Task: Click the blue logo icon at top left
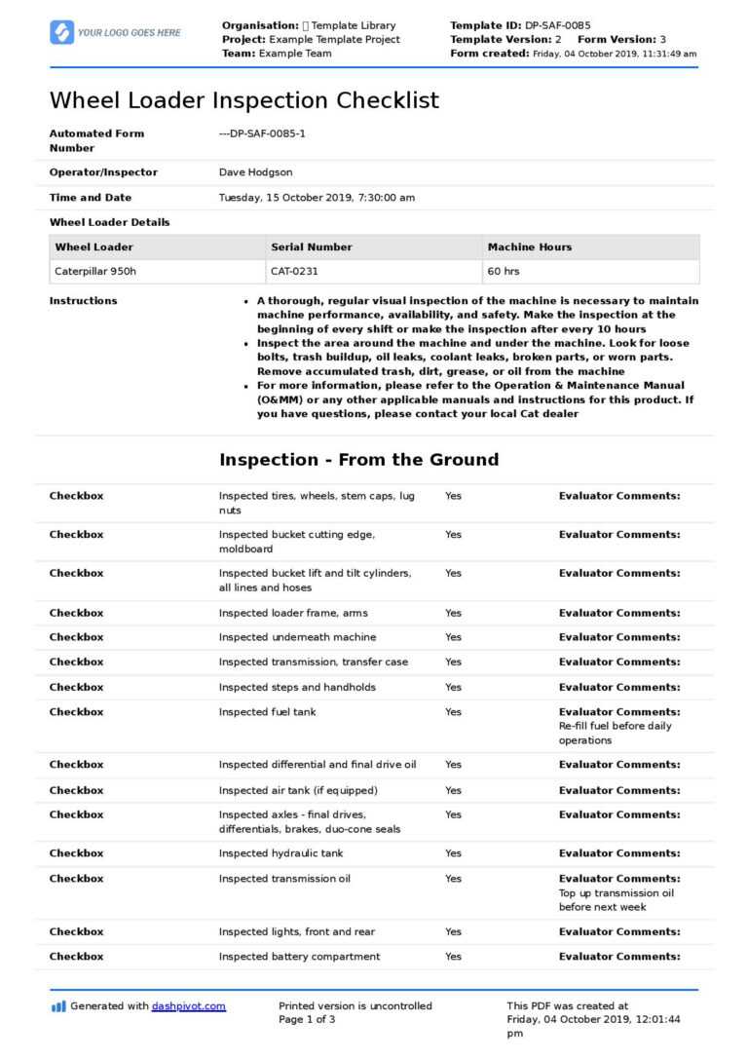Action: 61,32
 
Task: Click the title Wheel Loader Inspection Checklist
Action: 243,100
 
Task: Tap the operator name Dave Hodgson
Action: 255,172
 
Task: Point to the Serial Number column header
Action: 312,247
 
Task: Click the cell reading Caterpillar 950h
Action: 95,272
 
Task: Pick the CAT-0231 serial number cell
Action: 297,272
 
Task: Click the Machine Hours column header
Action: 530,247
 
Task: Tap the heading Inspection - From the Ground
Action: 358,460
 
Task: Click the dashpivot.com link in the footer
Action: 188,1006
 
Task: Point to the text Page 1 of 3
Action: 307,1020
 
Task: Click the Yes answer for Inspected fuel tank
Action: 453,712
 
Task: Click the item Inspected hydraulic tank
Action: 280,853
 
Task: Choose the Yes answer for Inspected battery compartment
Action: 453,957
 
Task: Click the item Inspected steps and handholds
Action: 296,687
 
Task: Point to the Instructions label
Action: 83,301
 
